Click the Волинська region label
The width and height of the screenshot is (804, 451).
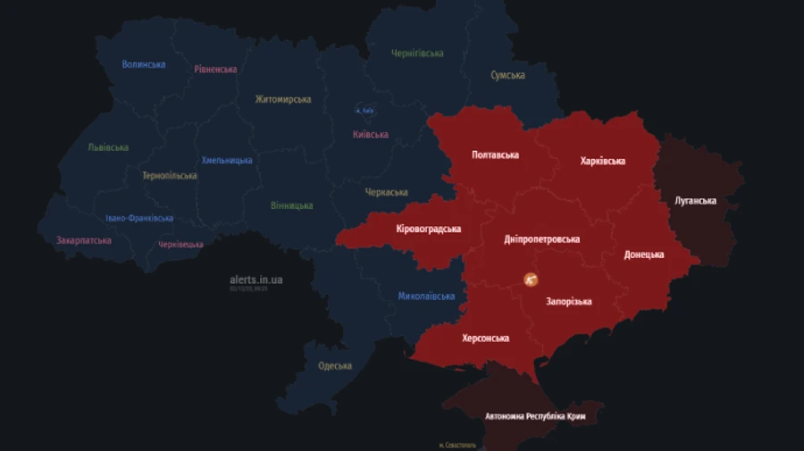tap(144, 64)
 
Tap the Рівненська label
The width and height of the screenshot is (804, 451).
tap(215, 69)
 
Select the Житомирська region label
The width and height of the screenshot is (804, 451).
tap(282, 99)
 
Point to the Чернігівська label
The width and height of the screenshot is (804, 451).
tap(417, 54)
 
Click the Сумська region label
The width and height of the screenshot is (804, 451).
tap(507, 75)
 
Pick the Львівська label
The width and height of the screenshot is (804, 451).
tap(108, 147)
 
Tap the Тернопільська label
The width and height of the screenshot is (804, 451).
tap(170, 176)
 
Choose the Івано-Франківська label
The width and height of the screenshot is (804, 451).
tap(139, 218)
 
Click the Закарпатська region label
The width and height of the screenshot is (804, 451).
tap(84, 240)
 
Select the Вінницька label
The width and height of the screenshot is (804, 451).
tap(292, 205)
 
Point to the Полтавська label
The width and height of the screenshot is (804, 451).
tap(495, 155)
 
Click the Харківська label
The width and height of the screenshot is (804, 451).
tap(602, 162)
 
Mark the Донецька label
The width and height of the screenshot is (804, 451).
tap(643, 255)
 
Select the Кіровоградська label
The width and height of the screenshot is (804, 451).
tap(429, 229)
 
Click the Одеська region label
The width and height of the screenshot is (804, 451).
tap(335, 365)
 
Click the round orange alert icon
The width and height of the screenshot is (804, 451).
tap(531, 280)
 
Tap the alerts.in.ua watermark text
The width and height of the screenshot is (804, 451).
tap(255, 280)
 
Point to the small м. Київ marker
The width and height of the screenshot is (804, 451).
tap(364, 111)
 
